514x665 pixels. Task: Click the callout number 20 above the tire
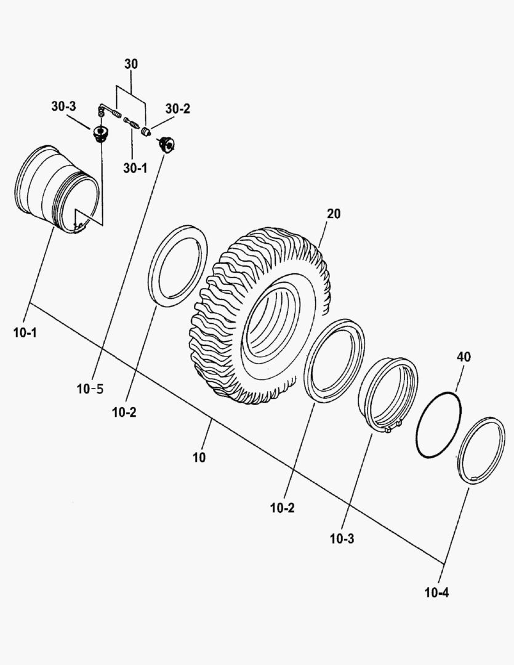pos(334,214)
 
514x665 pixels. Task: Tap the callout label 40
pos(464,357)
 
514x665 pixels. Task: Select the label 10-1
pos(25,333)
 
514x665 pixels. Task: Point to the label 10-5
pos(90,389)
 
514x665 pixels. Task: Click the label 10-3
pos(342,539)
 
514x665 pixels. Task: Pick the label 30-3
pos(64,107)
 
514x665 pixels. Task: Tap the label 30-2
pos(178,109)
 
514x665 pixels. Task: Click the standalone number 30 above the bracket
pos(131,64)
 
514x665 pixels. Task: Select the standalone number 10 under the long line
pos(199,457)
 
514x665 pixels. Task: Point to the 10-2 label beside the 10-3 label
pos(282,509)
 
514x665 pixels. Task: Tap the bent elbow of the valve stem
pos(101,111)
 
